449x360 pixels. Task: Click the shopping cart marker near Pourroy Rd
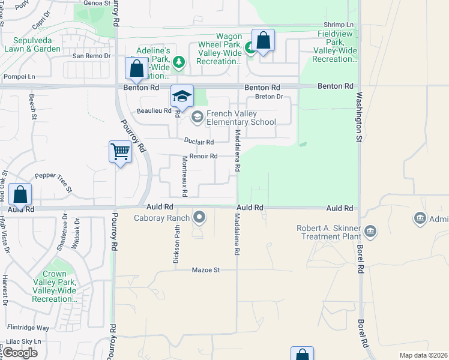click(120, 152)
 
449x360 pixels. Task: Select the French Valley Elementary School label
click(241, 118)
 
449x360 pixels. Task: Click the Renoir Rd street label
click(203, 157)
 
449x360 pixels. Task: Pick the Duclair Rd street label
click(199, 142)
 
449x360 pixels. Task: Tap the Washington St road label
click(359, 117)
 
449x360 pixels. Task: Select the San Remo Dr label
click(92, 56)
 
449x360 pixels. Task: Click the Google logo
click(20, 353)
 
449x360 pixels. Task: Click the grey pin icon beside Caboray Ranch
click(199, 217)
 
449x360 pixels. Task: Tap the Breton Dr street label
click(268, 97)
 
